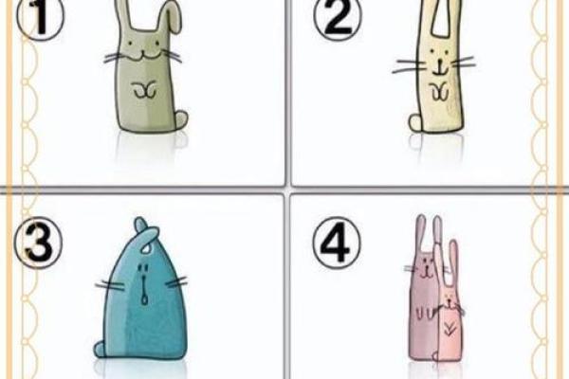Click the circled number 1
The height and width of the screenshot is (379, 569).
point(40,18)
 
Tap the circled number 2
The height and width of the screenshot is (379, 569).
point(338,18)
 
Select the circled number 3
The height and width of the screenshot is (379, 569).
point(39,243)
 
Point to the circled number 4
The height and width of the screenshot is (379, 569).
point(337,243)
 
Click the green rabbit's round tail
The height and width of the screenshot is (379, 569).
point(181,119)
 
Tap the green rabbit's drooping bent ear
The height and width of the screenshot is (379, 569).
point(170,17)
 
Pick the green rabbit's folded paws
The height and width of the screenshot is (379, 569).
point(144,90)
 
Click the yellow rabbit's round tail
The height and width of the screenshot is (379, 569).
point(416,122)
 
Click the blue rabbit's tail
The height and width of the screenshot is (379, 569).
point(101,349)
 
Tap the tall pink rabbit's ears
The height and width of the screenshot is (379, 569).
point(429,232)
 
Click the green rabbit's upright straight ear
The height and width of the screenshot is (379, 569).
point(123,14)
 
